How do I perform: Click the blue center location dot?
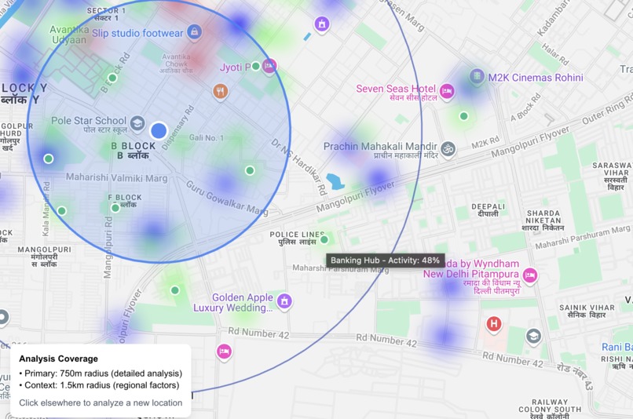point(159,130)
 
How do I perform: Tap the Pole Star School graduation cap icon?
point(137,122)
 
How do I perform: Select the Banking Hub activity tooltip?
point(385,261)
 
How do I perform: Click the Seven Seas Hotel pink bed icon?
point(447,92)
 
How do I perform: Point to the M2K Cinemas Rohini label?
point(535,78)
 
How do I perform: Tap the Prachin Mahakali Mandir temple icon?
point(448,148)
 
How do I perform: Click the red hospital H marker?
point(494,323)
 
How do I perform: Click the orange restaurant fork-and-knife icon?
point(221,92)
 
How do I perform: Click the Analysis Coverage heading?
point(59,359)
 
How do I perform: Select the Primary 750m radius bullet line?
point(100,373)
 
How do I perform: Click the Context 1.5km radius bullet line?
point(100,385)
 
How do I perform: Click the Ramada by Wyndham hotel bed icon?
point(530,275)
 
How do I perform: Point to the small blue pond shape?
point(335,181)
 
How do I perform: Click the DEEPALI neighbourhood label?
point(488,209)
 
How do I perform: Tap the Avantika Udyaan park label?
point(69,34)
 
